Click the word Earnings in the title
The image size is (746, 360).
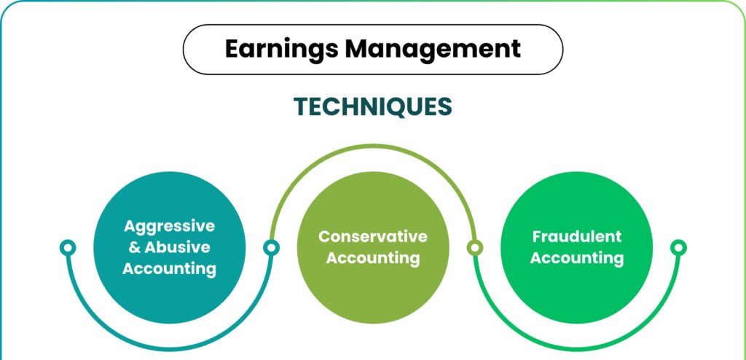pos(281,50)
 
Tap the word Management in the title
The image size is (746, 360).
pos(433,48)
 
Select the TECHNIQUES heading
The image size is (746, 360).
pos(372,106)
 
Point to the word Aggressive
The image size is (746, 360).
pos(169,227)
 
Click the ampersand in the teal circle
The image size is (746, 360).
pos(135,248)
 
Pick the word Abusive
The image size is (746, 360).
pos(177,247)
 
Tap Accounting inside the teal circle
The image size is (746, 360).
pos(169,269)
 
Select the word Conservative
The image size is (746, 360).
pos(373,236)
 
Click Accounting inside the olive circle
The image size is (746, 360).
pos(373,258)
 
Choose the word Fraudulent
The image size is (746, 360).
pos(577,236)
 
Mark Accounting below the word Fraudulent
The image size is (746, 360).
pos(577,258)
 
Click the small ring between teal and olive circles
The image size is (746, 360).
pos(271,248)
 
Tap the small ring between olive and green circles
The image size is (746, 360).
pos(475,248)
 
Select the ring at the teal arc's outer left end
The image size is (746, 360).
pos(68,248)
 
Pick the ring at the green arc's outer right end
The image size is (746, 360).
pos(678,248)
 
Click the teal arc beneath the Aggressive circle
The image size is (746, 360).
pos(169,349)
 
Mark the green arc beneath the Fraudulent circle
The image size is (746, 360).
pos(577,349)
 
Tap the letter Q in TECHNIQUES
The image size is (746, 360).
pos(396,108)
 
